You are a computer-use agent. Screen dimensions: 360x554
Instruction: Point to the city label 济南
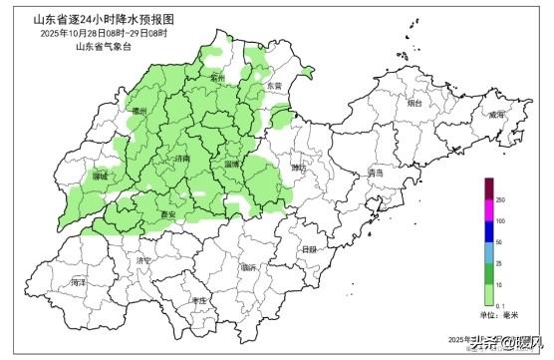tap(181, 159)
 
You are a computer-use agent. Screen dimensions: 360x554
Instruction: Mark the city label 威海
tap(496, 116)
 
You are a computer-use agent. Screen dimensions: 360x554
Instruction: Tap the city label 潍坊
tap(299, 168)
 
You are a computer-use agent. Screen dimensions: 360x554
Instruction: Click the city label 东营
tap(275, 87)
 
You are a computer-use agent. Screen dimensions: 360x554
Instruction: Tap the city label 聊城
tap(100, 176)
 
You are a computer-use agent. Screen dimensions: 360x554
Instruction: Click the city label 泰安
tap(169, 214)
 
